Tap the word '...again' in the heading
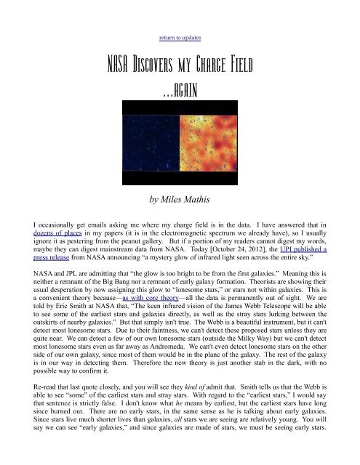pos(180,92)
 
